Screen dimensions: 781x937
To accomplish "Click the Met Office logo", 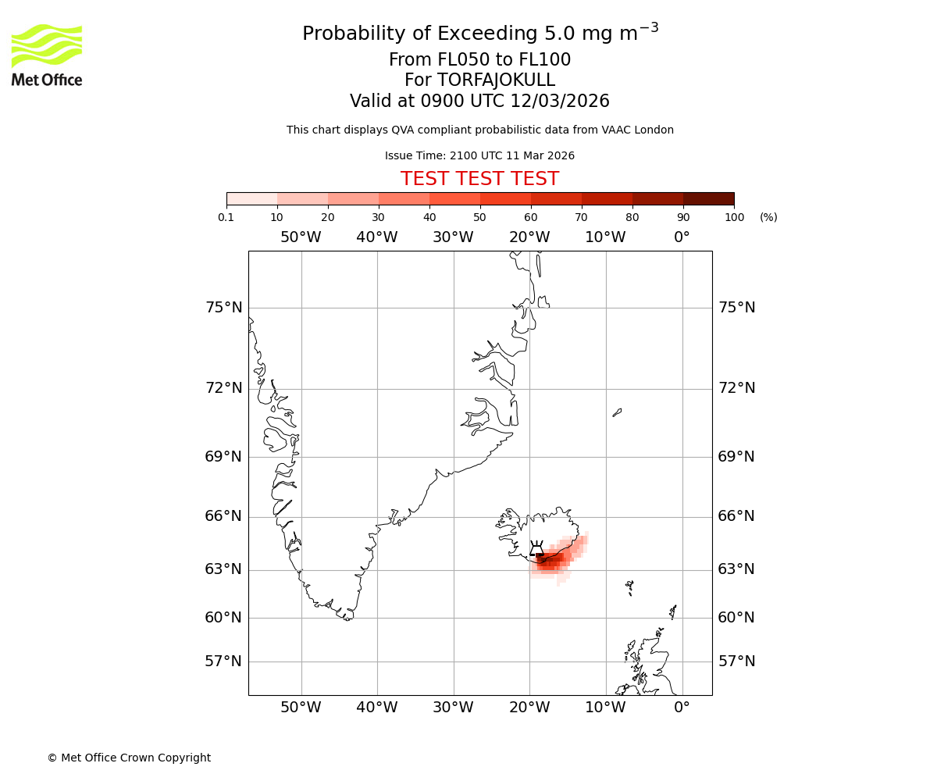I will [47, 55].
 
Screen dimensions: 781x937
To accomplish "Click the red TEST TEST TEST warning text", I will [479, 179].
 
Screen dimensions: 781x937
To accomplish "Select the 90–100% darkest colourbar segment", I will [708, 198].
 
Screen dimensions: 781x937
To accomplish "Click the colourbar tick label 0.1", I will [226, 217].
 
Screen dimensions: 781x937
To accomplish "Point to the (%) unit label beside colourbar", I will [768, 217].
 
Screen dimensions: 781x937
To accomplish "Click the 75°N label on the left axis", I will [223, 308].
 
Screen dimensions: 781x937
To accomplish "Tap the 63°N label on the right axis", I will [736, 569].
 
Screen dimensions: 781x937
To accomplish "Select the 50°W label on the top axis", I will [301, 237].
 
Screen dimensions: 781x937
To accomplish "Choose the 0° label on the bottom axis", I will [682, 708].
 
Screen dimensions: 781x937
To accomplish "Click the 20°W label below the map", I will [529, 708].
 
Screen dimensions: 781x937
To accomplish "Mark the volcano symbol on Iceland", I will [536, 548].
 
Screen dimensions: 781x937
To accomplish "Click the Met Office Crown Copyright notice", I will [129, 758].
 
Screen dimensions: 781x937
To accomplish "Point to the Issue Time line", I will [479, 155].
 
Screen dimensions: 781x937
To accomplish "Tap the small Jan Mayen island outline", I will [617, 412].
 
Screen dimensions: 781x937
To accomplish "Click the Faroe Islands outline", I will [629, 587].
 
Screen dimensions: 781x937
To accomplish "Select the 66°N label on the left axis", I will [223, 516].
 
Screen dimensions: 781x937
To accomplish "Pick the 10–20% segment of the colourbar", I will [302, 198].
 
